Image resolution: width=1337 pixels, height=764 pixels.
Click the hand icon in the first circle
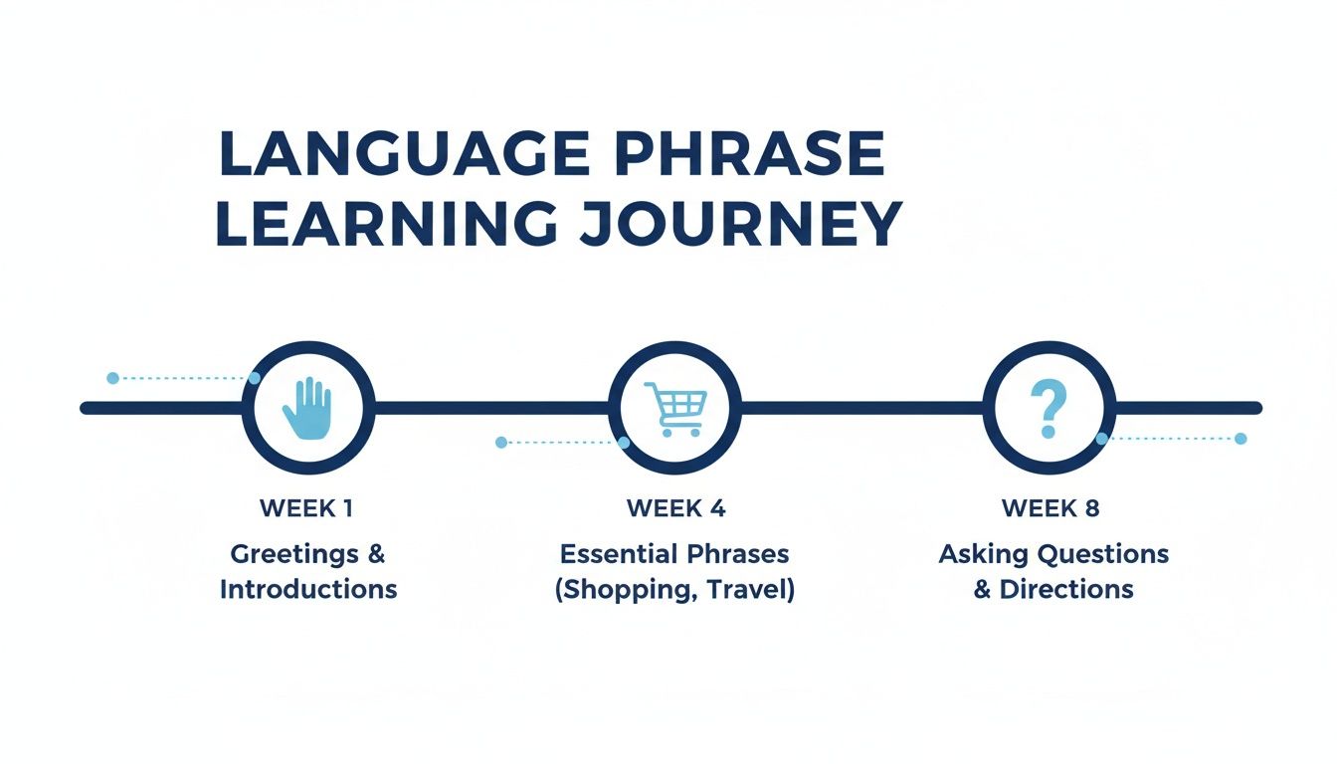pos(306,408)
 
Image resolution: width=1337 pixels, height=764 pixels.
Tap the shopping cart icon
pos(675,408)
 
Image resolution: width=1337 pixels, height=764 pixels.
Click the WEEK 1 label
pos(306,508)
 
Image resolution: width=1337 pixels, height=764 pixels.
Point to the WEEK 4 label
pos(675,508)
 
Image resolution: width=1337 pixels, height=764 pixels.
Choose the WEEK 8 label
pos(1050,508)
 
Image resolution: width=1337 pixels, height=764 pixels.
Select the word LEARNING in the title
pos(386,225)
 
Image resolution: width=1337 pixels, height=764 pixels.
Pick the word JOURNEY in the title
pos(740,225)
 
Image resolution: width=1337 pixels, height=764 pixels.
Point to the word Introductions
pos(308,589)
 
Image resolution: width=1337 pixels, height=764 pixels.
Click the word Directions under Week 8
pos(1066,589)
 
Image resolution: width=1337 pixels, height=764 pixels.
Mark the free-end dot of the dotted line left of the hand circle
pos(112,378)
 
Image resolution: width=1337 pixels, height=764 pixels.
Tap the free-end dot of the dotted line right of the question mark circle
pos(1240,438)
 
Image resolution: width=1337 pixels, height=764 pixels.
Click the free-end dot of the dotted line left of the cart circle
pos(500,442)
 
